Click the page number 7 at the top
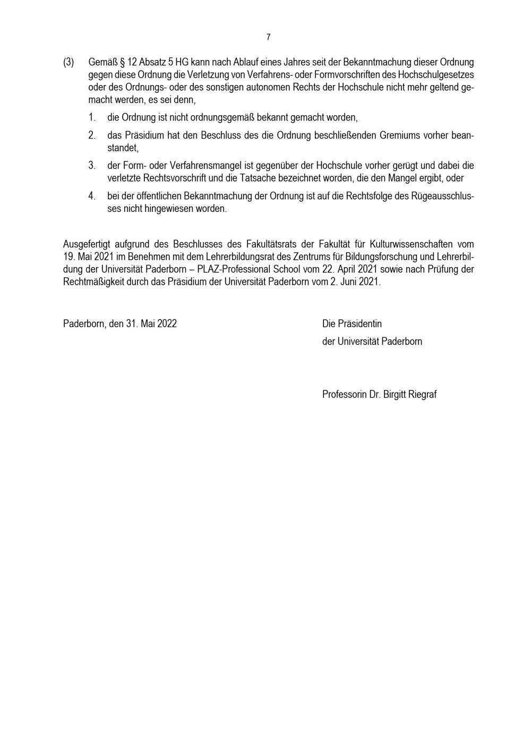click(268, 37)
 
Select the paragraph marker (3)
click(68, 63)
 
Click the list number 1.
click(92, 117)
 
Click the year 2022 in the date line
click(166, 324)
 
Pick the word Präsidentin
click(359, 324)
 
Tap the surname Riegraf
click(422, 395)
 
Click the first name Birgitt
click(395, 395)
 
